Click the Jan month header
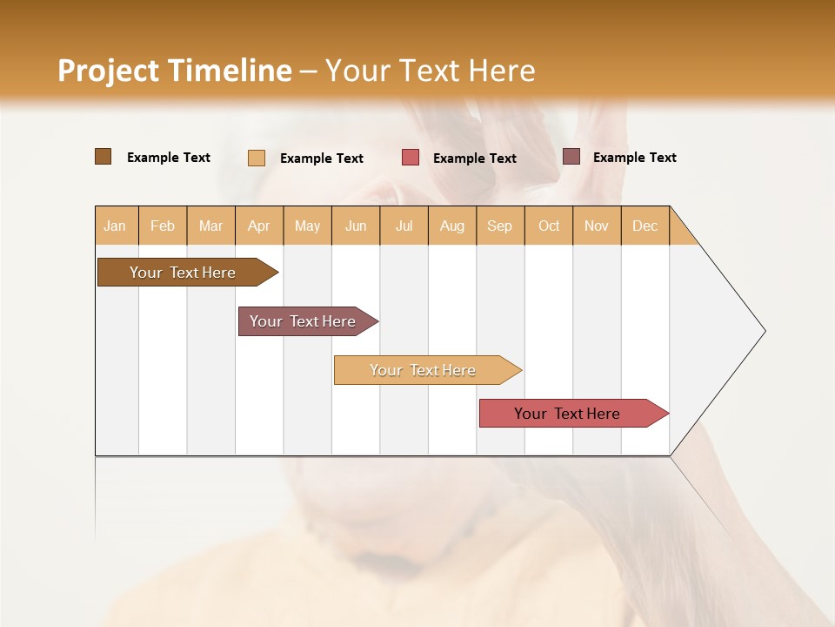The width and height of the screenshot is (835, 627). pyautogui.click(x=115, y=226)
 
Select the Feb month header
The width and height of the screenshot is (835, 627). pyautogui.click(x=163, y=226)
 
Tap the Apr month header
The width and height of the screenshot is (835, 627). pyautogui.click(x=258, y=226)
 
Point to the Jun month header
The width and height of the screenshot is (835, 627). pyautogui.click(x=356, y=226)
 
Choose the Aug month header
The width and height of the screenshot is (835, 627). pyautogui.click(x=451, y=226)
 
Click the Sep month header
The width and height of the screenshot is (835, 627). pyautogui.click(x=499, y=226)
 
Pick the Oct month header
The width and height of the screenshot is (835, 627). pyautogui.click(x=549, y=226)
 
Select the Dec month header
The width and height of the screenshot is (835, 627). pyautogui.click(x=645, y=226)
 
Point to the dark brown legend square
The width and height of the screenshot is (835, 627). pyautogui.click(x=103, y=157)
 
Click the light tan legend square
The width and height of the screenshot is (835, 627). pyautogui.click(x=257, y=158)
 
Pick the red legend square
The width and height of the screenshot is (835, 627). pyautogui.click(x=411, y=158)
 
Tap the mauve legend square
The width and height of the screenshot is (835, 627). pyautogui.click(x=571, y=157)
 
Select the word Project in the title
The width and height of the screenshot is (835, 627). pyautogui.click(x=108, y=71)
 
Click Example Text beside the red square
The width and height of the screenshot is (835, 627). pyautogui.click(x=474, y=158)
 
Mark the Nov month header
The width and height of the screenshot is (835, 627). pyautogui.click(x=596, y=226)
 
